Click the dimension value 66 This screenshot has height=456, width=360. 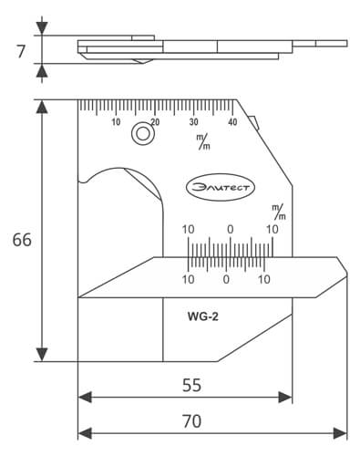pos(21,240)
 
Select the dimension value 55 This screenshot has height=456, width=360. pos(190,385)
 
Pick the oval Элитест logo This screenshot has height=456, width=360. pos(222,186)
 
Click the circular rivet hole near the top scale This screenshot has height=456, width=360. pos(141,134)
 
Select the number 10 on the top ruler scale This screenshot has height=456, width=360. pos(116,122)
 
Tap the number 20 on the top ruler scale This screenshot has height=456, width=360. pos(155,122)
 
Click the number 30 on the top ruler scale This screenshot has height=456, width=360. pos(194,122)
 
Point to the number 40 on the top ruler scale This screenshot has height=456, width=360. pos(232,122)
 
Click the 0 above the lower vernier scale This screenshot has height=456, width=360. pos(230,228)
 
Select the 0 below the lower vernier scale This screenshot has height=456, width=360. pos(226,278)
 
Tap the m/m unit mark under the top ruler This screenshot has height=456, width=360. pos(201,141)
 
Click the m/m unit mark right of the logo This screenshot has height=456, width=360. pos(279,212)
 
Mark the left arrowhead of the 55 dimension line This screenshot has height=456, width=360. pos(84,397)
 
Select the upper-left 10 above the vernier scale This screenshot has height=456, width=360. pos(189,228)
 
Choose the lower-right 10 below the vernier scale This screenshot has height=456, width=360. pos(264,278)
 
